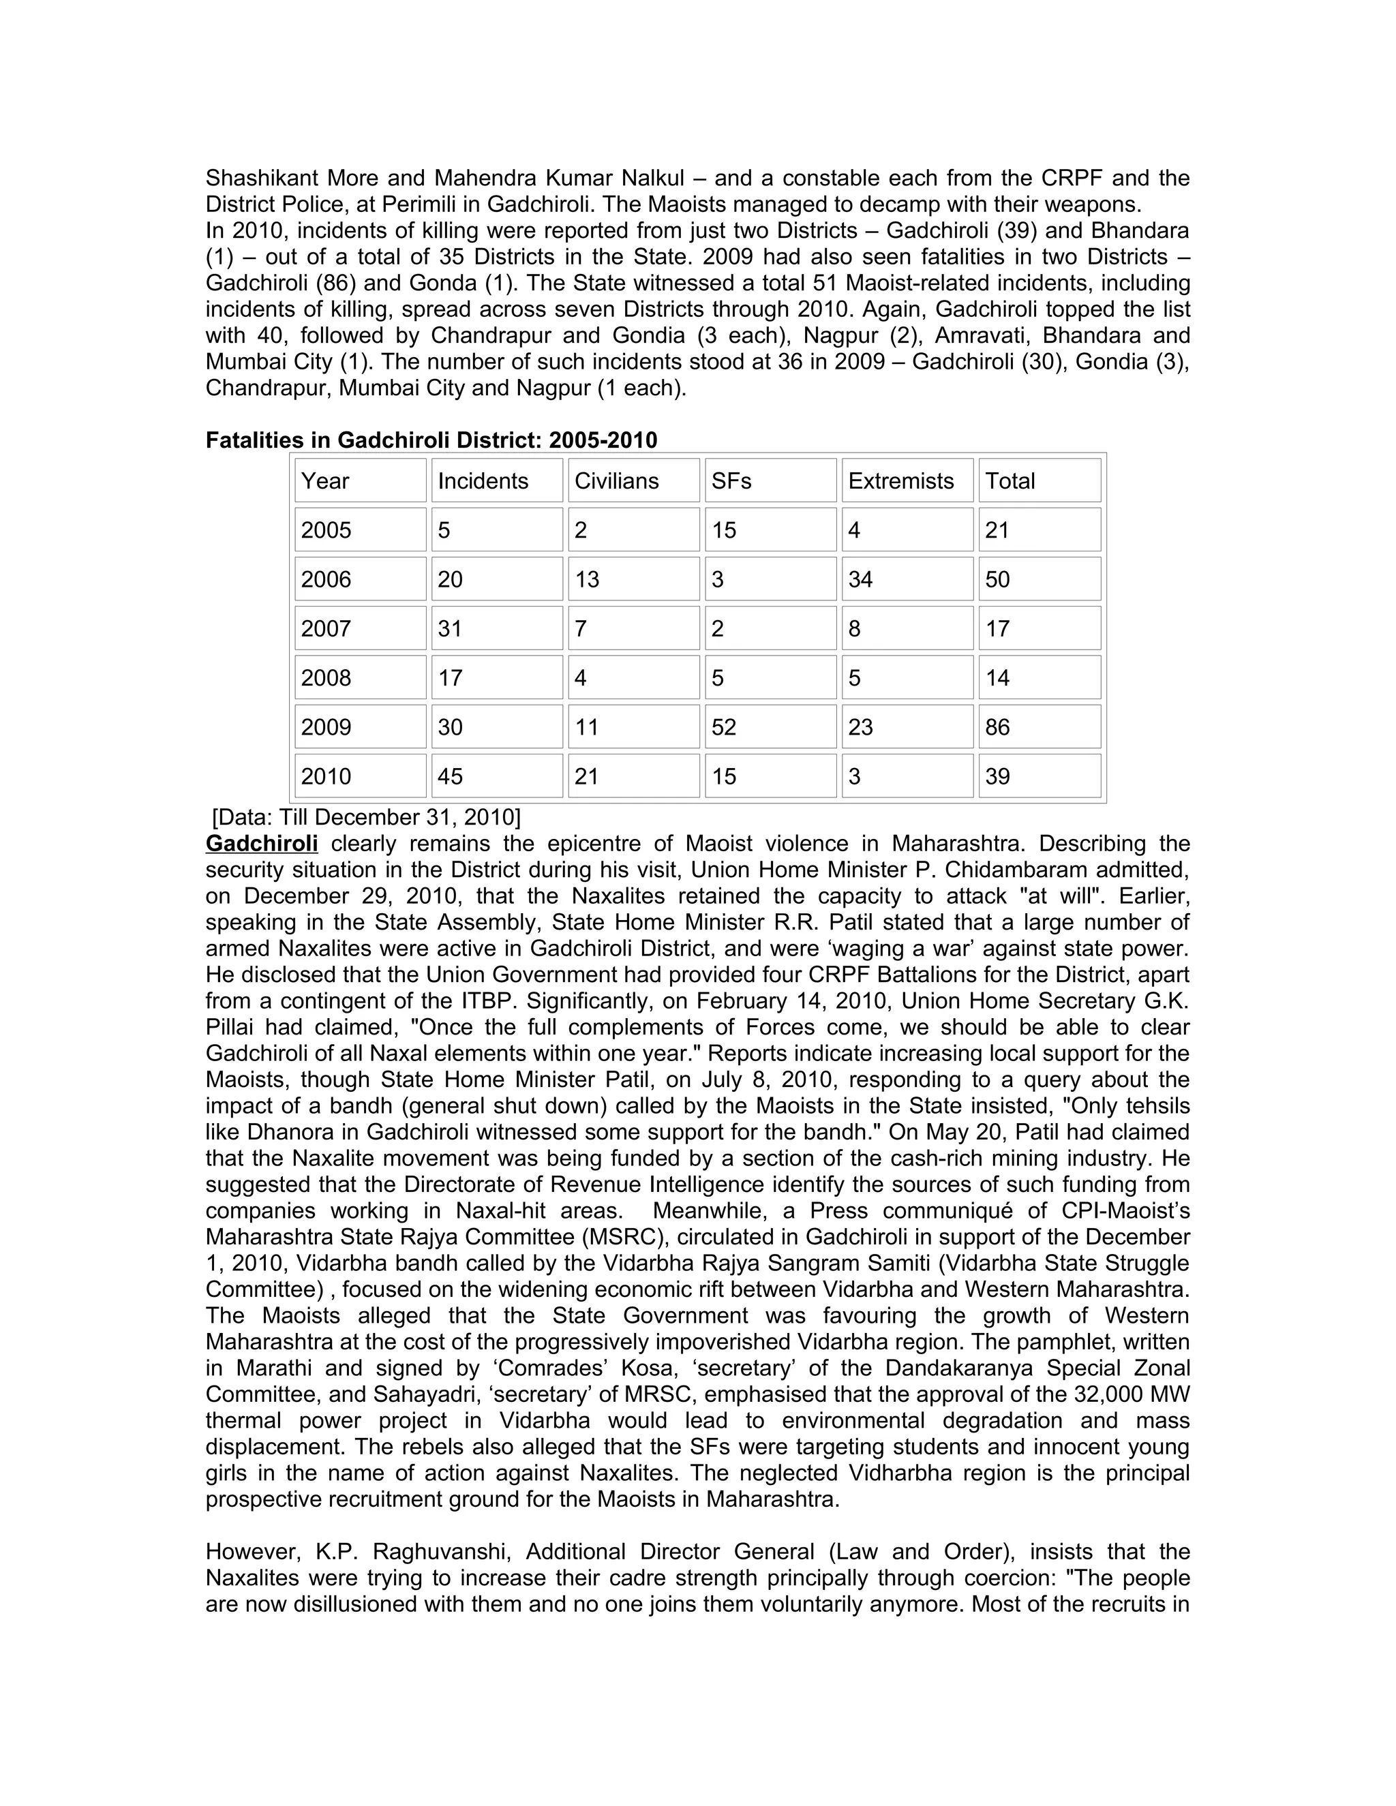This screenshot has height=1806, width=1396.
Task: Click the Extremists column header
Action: click(x=900, y=481)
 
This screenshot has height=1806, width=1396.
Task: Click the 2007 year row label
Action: click(x=326, y=629)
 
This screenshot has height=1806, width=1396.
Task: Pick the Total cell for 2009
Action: click(x=997, y=728)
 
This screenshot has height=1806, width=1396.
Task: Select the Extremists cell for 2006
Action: click(x=860, y=580)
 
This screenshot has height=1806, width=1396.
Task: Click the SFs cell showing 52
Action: click(x=724, y=728)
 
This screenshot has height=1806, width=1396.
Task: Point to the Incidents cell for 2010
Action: click(x=450, y=776)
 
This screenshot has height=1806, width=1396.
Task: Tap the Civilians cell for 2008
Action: click(x=581, y=678)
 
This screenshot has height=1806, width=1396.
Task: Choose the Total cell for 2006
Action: click(x=997, y=580)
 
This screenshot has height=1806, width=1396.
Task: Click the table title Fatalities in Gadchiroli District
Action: click(x=431, y=440)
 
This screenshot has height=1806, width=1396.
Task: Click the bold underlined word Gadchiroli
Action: click(x=261, y=844)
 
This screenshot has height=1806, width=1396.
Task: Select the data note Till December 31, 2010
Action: click(x=366, y=817)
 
